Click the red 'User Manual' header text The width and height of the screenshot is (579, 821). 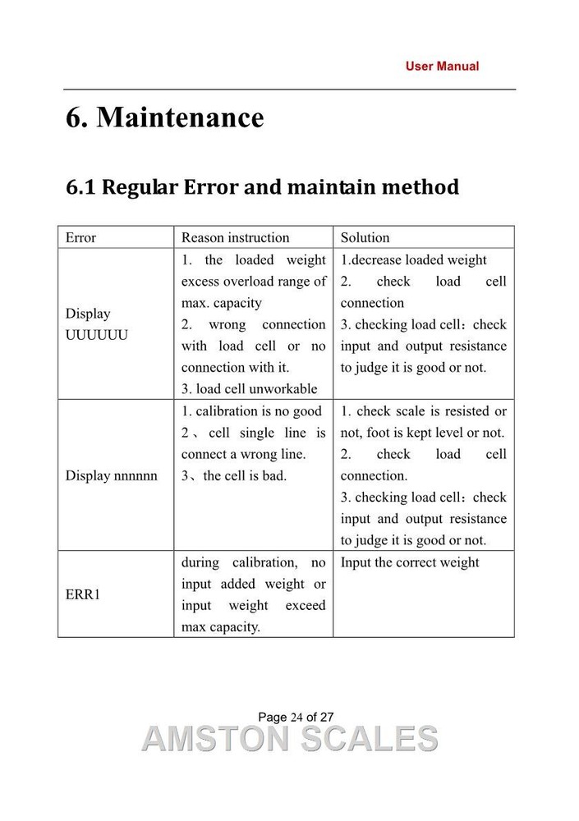(x=442, y=66)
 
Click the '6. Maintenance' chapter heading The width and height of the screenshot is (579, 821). (x=165, y=117)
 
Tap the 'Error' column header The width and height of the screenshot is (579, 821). (x=80, y=238)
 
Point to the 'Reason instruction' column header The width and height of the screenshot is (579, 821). (x=235, y=238)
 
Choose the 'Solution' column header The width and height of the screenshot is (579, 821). (x=365, y=238)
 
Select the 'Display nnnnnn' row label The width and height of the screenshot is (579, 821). (x=111, y=475)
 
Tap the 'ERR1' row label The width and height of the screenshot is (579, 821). (x=82, y=594)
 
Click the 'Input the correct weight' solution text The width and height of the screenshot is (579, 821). (x=410, y=562)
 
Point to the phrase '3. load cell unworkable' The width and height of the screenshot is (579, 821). (x=249, y=389)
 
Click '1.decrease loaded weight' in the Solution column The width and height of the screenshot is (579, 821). (x=413, y=260)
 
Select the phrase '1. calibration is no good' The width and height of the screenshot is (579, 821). (x=251, y=410)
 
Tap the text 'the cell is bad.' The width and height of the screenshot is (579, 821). (x=244, y=475)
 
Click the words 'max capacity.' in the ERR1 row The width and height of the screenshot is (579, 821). (x=221, y=627)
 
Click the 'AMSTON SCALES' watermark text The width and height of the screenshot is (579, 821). (x=289, y=739)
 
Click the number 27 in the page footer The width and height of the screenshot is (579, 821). (x=326, y=717)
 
